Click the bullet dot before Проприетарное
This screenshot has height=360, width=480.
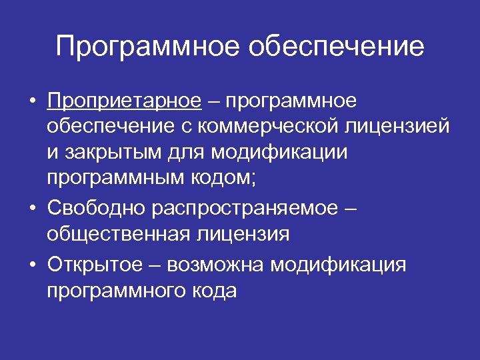click(x=32, y=101)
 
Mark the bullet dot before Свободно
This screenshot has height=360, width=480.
click(x=32, y=209)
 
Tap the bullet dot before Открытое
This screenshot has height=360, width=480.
click(x=32, y=265)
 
